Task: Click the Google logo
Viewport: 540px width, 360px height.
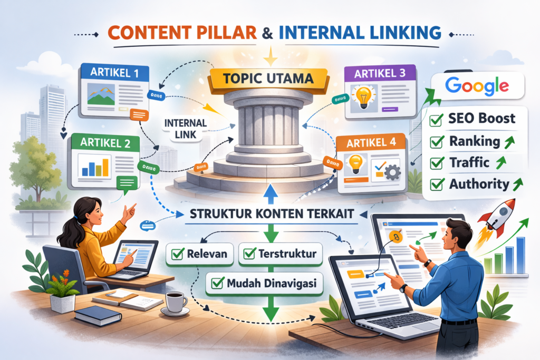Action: (x=477, y=86)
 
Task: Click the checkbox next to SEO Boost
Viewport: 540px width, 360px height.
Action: (x=437, y=120)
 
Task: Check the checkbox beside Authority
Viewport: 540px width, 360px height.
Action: (x=437, y=185)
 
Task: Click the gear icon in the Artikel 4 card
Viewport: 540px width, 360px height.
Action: (x=391, y=172)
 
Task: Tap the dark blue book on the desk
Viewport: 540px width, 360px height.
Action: (x=98, y=315)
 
